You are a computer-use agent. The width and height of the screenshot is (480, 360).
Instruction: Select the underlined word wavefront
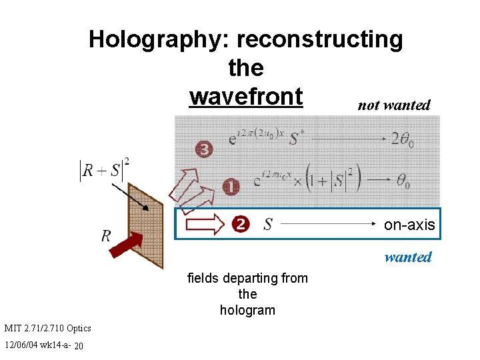click(x=246, y=97)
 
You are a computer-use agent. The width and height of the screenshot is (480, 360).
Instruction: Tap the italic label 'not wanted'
click(x=394, y=105)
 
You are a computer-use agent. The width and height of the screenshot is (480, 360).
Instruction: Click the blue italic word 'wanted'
click(x=408, y=257)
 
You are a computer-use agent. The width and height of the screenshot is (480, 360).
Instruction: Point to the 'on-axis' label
click(x=409, y=225)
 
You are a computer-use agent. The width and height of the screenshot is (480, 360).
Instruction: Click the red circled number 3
click(x=204, y=149)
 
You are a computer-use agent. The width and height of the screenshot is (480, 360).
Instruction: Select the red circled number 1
click(x=230, y=187)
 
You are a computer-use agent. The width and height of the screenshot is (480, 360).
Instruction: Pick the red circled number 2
click(x=240, y=225)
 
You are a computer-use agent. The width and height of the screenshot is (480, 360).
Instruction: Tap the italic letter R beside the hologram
click(x=106, y=235)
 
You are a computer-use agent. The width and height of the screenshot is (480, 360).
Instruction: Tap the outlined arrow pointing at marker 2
click(x=206, y=224)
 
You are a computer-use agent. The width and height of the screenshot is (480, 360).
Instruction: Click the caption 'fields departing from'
click(x=247, y=278)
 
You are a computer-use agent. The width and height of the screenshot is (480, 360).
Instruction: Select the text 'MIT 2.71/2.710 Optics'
click(x=47, y=328)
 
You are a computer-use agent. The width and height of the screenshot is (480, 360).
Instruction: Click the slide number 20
click(x=79, y=346)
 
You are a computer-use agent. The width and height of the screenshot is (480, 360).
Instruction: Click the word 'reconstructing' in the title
click(x=319, y=40)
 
